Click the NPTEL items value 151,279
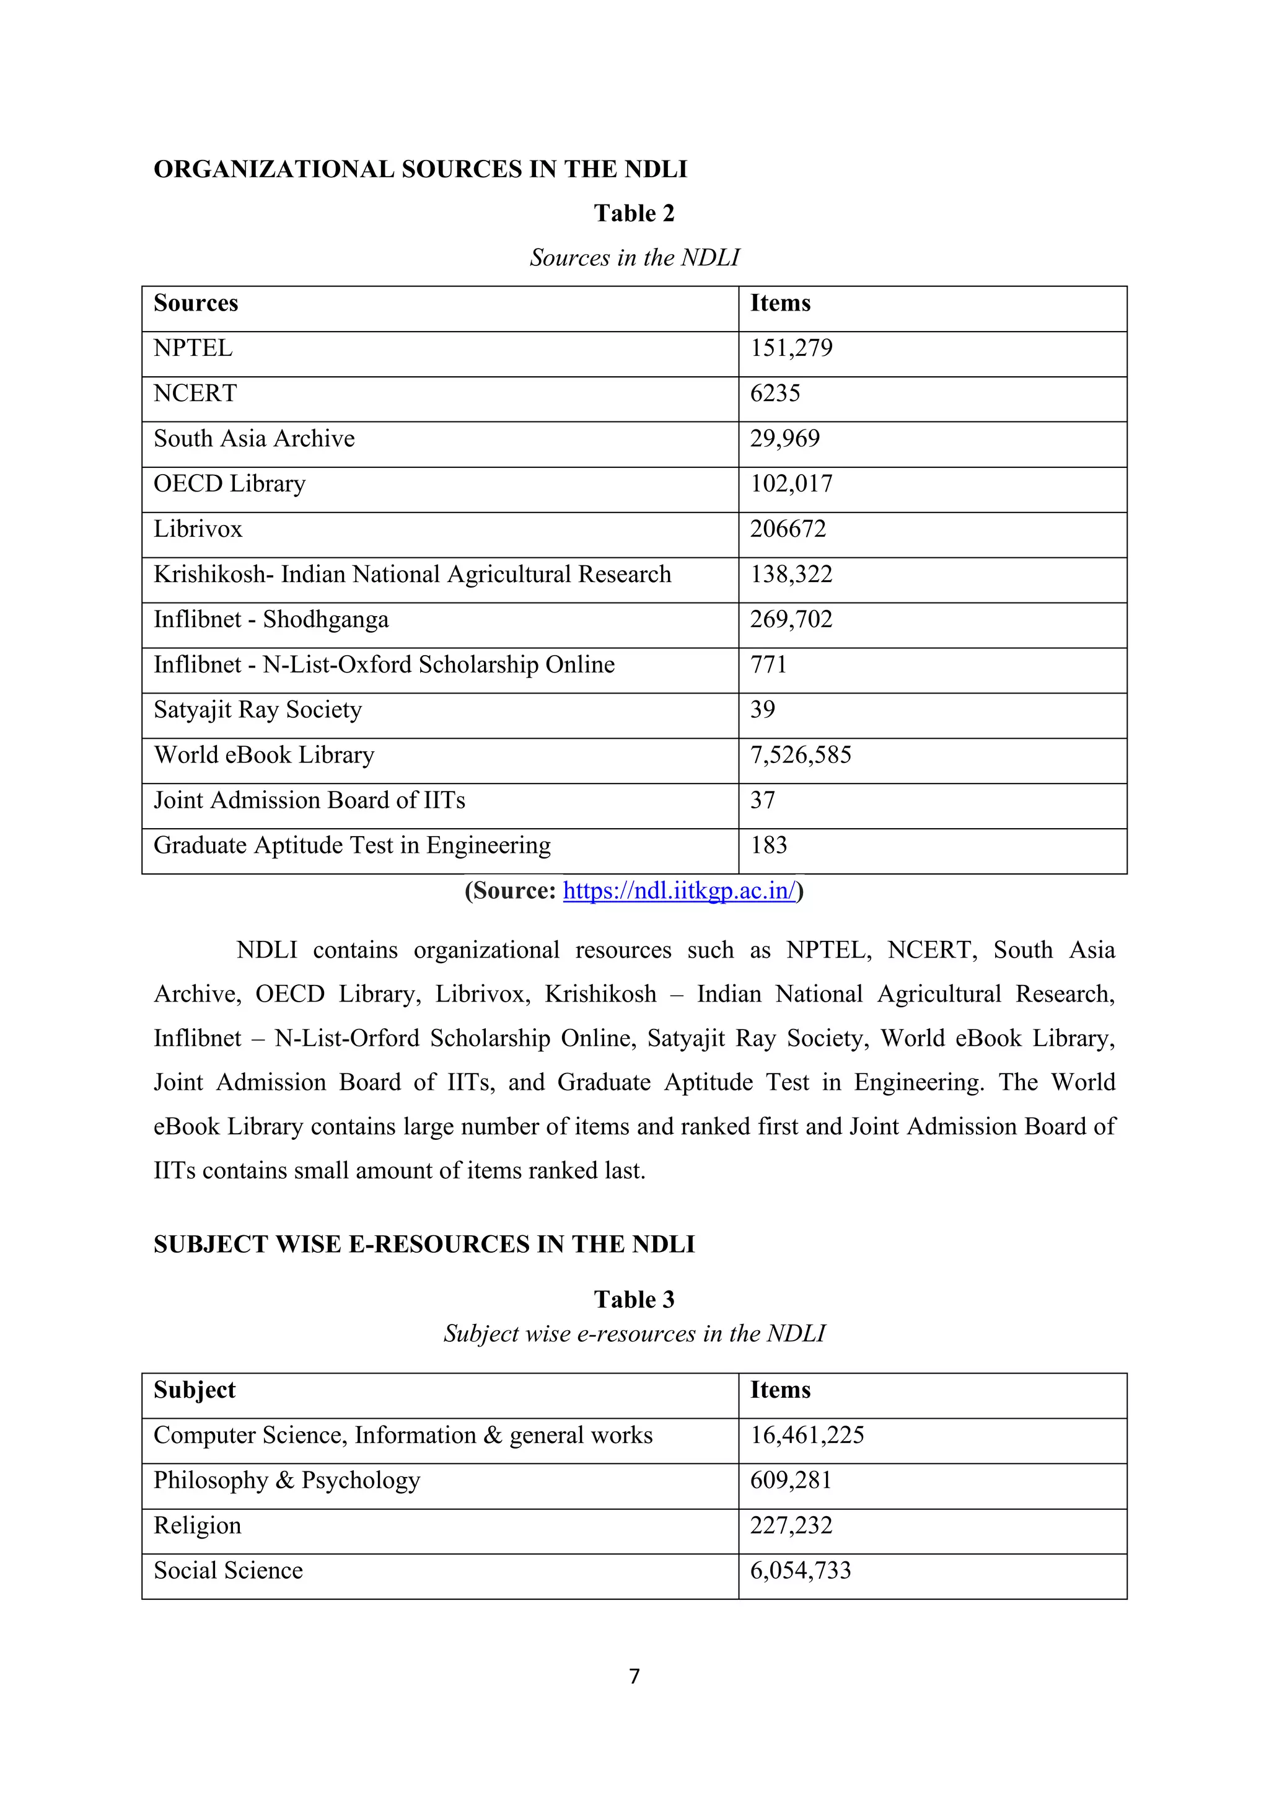(x=791, y=348)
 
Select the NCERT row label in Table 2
(x=195, y=393)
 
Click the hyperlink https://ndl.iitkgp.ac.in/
(x=679, y=891)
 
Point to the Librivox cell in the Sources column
(x=198, y=529)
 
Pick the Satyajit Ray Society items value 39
(x=762, y=710)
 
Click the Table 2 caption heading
(x=634, y=213)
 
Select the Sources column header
(x=195, y=303)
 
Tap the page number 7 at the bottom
(x=634, y=1676)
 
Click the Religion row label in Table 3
(x=197, y=1525)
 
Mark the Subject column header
(x=194, y=1390)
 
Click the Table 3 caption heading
(x=634, y=1299)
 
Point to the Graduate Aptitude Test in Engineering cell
(x=351, y=845)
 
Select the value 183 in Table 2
(x=768, y=845)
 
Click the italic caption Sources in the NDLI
(x=634, y=257)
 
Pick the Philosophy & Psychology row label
(x=286, y=1480)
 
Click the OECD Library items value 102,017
(x=791, y=484)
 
